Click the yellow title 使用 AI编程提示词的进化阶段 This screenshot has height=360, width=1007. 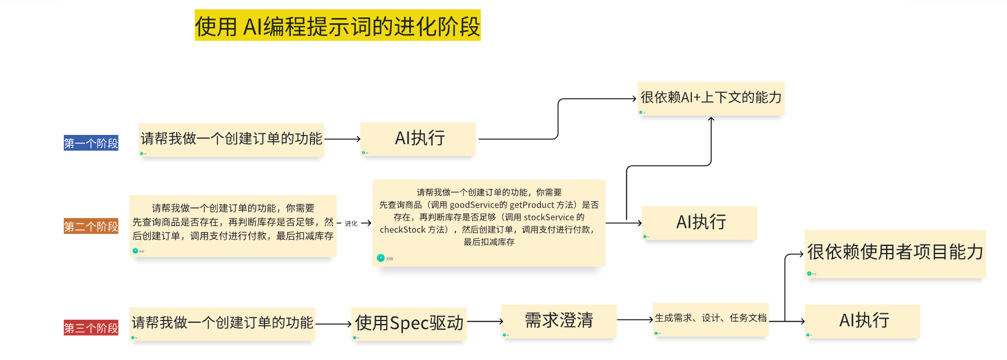pos(337,26)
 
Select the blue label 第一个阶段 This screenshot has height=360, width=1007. pos(91,143)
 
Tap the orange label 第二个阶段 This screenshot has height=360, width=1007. pos(91,226)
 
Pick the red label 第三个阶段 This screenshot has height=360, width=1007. pos(91,328)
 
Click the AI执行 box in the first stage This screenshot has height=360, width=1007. pos(419,138)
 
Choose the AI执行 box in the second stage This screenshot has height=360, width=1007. pos(700,222)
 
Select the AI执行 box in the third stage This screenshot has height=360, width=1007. pos(863,320)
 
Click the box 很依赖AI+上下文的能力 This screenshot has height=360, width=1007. pos(710,98)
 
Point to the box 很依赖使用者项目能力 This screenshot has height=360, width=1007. pos(895,252)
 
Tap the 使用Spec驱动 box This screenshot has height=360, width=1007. pos(409,323)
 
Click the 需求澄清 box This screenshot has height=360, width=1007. pos(559,320)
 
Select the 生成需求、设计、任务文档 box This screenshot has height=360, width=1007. pos(710,318)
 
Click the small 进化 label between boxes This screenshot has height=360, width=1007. pos(351,223)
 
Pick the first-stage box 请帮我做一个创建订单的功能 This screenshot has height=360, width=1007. pos(231,139)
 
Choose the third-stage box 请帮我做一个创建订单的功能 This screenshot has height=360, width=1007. pos(222,323)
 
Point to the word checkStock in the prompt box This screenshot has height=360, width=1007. pos(403,230)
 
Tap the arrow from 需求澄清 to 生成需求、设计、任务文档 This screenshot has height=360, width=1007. pos(635,319)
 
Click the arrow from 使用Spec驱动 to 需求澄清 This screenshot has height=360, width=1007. pos(485,321)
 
